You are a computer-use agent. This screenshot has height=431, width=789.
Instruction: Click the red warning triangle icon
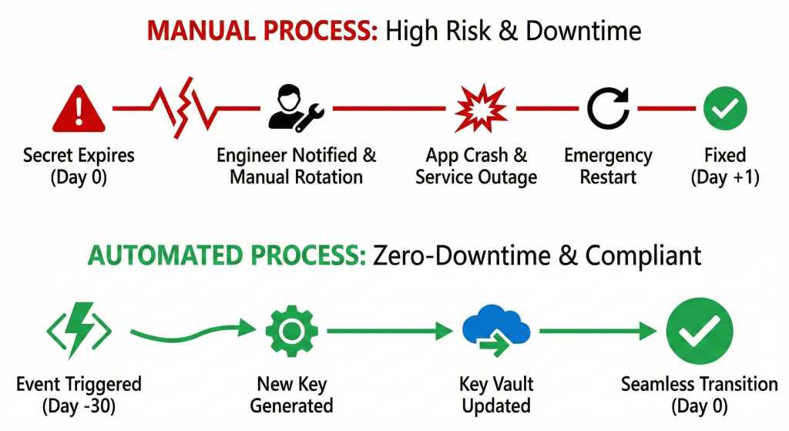78,109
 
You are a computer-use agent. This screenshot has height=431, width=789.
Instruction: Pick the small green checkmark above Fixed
724,109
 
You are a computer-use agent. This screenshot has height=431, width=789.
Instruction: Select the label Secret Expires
79,156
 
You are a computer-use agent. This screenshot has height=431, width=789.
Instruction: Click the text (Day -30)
79,406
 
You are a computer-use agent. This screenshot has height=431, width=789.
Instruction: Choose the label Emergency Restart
608,166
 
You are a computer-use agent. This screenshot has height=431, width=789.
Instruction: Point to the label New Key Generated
291,395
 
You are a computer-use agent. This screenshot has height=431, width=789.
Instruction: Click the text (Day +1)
724,177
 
